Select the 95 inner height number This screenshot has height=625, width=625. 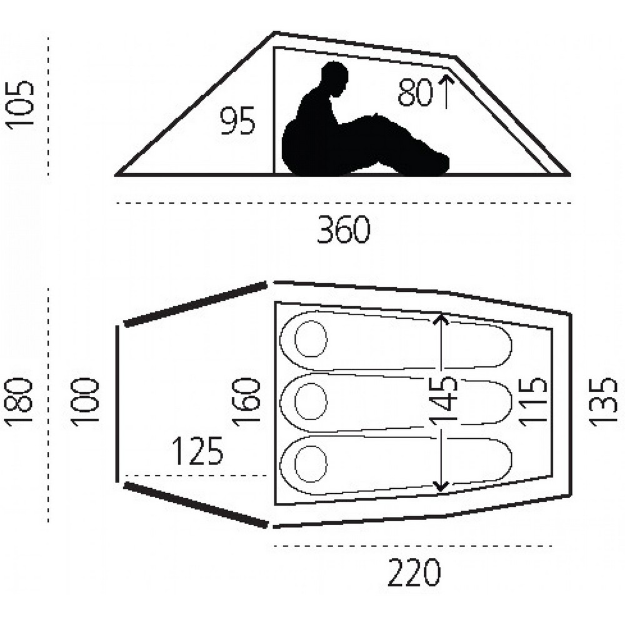tap(238, 121)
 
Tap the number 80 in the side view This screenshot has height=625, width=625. tap(416, 93)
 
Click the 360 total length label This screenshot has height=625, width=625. tap(344, 231)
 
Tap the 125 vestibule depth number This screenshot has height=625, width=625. tap(197, 451)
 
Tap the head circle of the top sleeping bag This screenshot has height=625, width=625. tap(311, 340)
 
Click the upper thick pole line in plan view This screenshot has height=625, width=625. tap(196, 304)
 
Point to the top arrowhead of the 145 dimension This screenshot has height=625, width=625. tap(442, 319)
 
